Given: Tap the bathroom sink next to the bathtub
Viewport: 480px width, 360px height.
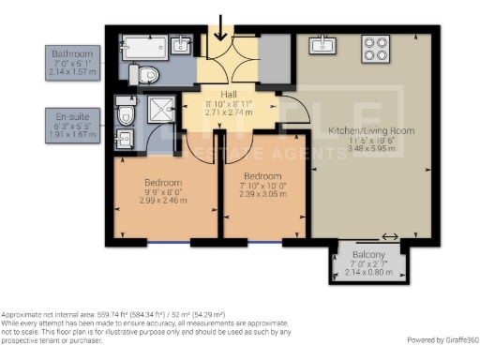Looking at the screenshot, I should pos(181,45).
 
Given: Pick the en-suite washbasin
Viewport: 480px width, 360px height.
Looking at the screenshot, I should pos(124,140).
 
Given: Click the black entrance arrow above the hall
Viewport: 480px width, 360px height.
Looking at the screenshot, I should pos(220,27).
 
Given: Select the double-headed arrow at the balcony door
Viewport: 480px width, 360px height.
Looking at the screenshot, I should pos(388,236).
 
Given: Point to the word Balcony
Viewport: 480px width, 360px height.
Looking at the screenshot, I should pos(367,255).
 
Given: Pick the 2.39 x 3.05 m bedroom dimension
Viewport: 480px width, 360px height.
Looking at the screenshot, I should pos(262,193).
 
